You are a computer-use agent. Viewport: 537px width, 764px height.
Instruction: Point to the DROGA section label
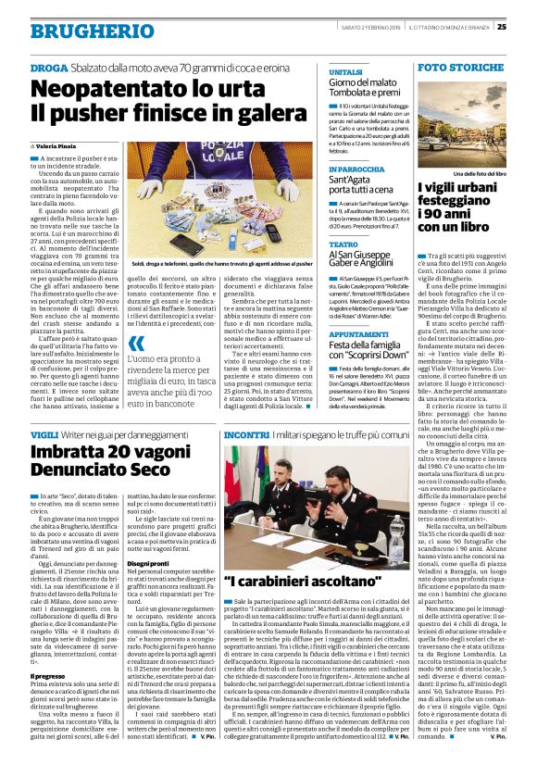click(48, 68)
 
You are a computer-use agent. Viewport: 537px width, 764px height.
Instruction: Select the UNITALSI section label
click(344, 71)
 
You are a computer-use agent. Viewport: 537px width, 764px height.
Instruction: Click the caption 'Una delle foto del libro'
click(460, 173)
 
